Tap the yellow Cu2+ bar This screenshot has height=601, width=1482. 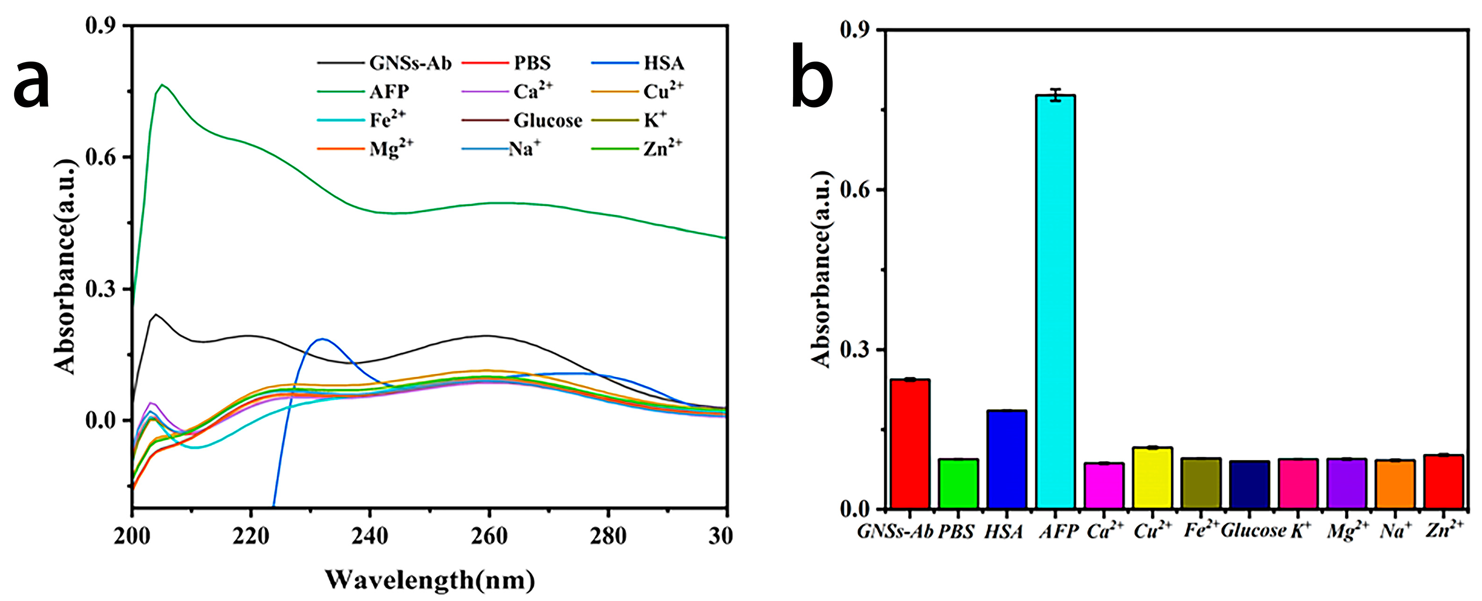(1152, 478)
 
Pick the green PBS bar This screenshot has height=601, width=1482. (958, 483)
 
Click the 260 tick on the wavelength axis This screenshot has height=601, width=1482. (489, 537)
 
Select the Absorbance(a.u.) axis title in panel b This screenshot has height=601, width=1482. (821, 269)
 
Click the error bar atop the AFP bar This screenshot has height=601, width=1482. (1055, 95)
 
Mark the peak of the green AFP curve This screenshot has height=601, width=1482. (162, 85)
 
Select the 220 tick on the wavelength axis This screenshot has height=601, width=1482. (251, 537)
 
